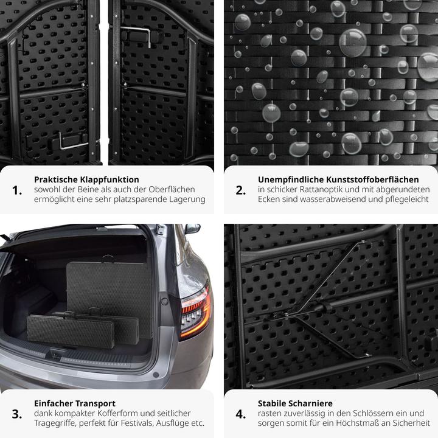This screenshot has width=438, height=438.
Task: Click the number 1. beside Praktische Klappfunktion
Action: coord(17,190)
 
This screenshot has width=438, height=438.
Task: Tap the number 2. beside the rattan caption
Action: coord(241,190)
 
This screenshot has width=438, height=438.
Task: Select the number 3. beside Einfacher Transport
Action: coord(17,414)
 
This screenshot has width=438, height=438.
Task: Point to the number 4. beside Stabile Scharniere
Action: coord(241,414)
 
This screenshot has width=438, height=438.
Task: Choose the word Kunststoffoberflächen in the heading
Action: coord(372,179)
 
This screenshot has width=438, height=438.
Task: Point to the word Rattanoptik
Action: coord(321,190)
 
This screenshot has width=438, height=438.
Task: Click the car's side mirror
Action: coord(192,229)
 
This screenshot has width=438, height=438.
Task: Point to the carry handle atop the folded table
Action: coord(108,259)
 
